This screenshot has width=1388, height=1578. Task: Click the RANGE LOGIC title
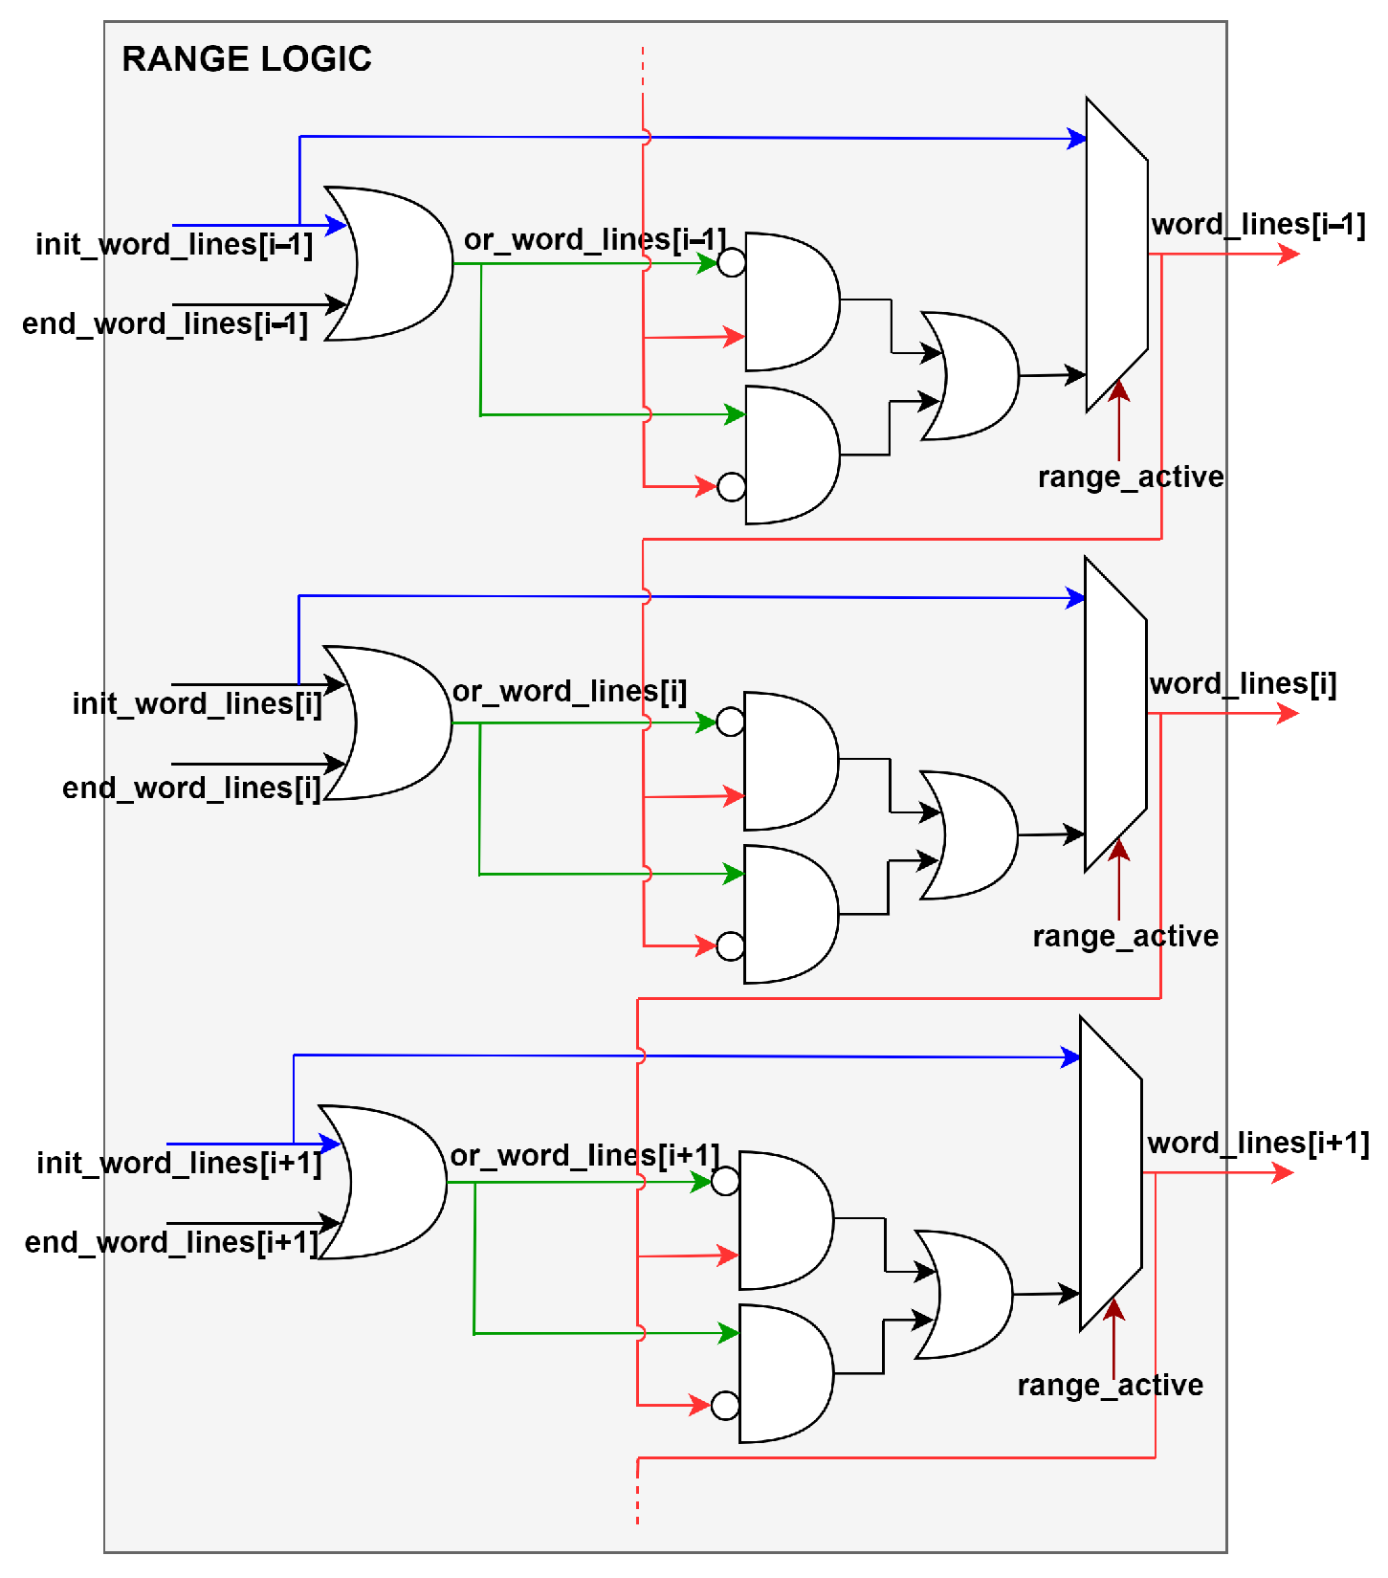tap(246, 59)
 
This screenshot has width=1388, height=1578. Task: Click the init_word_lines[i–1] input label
tap(174, 245)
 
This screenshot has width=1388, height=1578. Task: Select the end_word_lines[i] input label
tap(191, 788)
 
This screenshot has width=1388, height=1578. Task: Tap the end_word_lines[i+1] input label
tap(170, 1242)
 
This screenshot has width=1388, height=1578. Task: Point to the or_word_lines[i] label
tap(569, 691)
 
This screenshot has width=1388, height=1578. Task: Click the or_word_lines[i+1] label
tap(584, 1155)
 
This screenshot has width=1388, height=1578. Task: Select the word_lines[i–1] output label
tap(1258, 225)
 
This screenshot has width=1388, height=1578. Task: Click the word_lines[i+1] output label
tap(1258, 1143)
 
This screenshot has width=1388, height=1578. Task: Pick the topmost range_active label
tap(1130, 477)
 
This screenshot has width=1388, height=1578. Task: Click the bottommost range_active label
tap(1110, 1385)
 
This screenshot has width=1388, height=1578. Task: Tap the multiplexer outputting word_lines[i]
tap(1115, 715)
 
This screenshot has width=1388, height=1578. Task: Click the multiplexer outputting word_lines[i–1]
tap(1116, 256)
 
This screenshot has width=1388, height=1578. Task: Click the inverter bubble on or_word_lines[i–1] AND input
tap(732, 262)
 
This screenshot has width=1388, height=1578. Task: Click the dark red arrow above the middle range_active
tap(1119, 876)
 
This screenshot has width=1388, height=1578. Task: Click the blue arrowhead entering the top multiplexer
tap(1077, 139)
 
